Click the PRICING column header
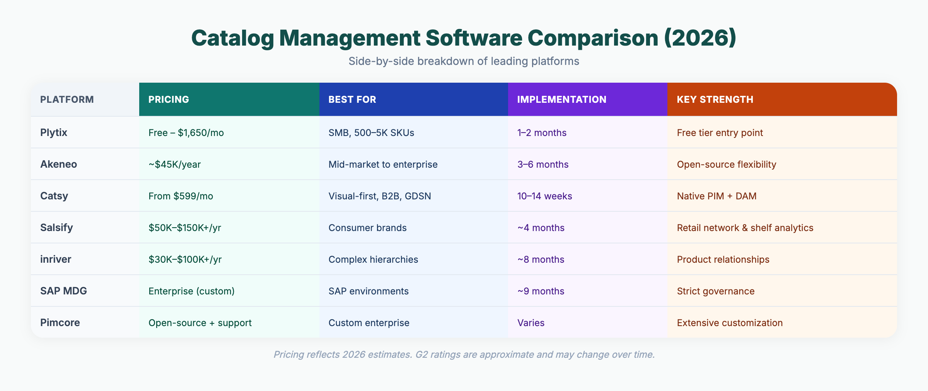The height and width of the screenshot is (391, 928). (169, 99)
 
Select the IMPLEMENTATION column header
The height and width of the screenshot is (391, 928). (561, 99)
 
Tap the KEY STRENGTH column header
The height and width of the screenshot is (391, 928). (715, 99)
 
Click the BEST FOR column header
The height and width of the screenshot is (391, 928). (352, 99)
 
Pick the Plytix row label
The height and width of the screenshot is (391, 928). (54, 133)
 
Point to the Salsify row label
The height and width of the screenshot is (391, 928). (56, 228)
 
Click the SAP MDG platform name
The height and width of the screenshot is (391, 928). (63, 291)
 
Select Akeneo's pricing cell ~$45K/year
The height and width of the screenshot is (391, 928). (174, 164)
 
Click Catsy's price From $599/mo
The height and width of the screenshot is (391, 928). (181, 196)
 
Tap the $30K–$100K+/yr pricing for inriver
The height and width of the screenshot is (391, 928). (185, 259)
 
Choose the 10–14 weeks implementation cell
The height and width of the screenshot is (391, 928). (544, 196)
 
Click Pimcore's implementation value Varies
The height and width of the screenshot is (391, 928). (531, 323)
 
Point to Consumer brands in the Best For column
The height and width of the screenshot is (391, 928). (367, 228)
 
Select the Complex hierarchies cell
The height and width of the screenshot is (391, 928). (373, 259)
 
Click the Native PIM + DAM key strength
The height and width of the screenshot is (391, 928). (716, 196)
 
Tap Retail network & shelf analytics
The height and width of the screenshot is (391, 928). (745, 228)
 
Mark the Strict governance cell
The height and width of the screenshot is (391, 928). (715, 291)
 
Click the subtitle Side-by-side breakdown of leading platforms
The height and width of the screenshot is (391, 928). (464, 61)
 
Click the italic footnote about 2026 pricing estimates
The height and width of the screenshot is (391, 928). (464, 354)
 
